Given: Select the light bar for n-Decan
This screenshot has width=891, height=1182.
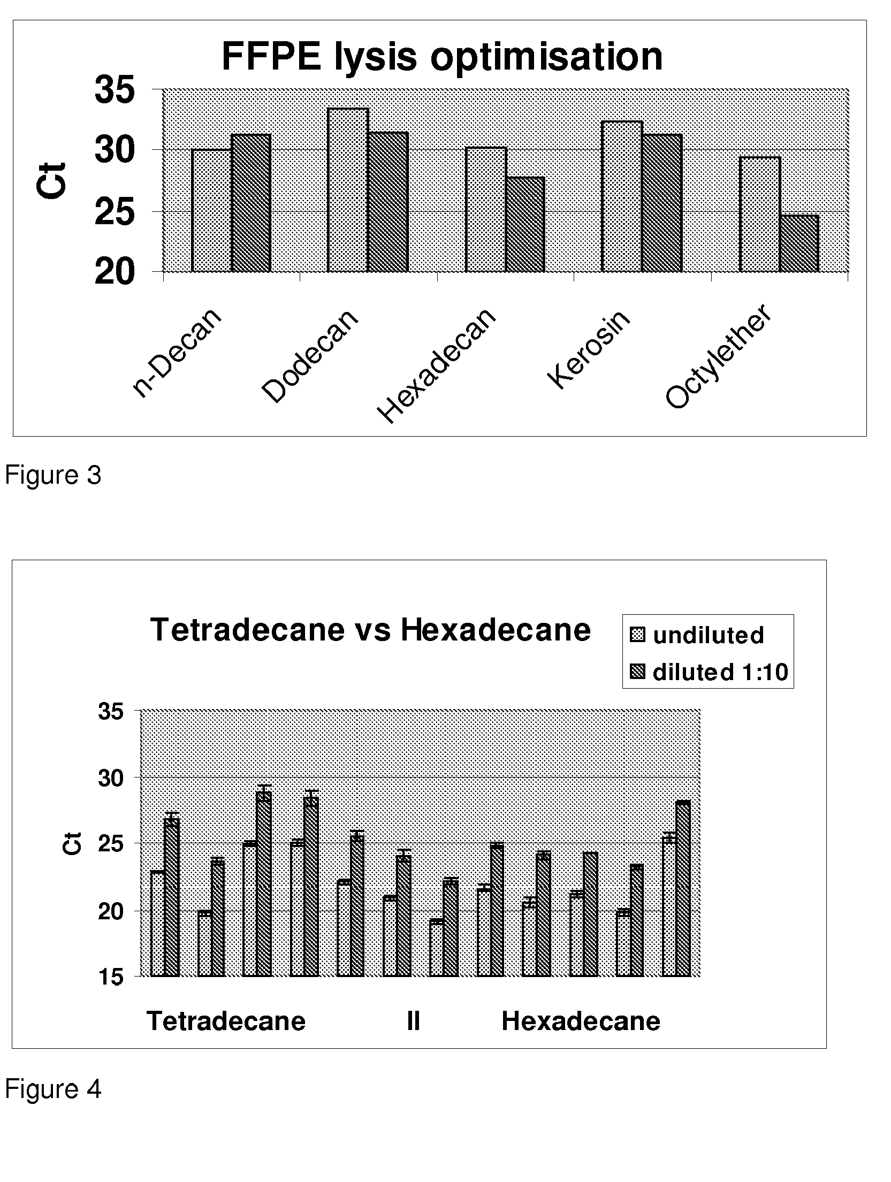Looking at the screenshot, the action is pyautogui.click(x=211, y=210).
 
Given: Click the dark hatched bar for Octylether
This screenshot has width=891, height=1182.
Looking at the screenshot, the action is pyautogui.click(x=799, y=243).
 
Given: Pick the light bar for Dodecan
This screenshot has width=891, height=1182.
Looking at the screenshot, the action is pyautogui.click(x=348, y=190).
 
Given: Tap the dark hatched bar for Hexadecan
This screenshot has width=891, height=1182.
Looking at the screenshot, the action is pyautogui.click(x=525, y=224).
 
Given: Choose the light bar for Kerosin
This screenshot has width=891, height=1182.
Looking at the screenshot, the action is pyautogui.click(x=622, y=196).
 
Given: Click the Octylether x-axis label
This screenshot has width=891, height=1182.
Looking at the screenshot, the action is pyautogui.click(x=719, y=357).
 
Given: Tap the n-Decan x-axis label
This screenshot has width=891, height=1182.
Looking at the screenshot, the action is pyautogui.click(x=177, y=353).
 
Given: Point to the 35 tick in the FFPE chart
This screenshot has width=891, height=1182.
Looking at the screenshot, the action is pyautogui.click(x=114, y=90).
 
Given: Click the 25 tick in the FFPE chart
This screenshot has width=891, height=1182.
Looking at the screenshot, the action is pyautogui.click(x=114, y=212).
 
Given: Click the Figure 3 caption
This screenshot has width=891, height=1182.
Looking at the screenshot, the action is pyautogui.click(x=53, y=475).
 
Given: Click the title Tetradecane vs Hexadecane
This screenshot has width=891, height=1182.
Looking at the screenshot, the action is pyautogui.click(x=370, y=629).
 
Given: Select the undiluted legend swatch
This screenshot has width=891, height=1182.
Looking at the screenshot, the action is pyautogui.click(x=638, y=635).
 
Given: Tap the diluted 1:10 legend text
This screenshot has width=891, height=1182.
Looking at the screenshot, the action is pyautogui.click(x=720, y=672).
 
